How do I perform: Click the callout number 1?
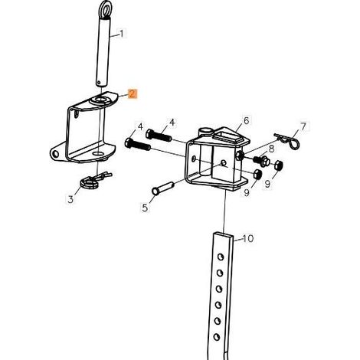pyautogui.click(x=122, y=34)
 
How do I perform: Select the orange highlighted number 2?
pyautogui.click(x=133, y=93)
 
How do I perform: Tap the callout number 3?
pyautogui.click(x=70, y=199)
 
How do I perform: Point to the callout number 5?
pyautogui.click(x=145, y=208)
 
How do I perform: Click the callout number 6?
pyautogui.click(x=246, y=120)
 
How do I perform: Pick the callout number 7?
pyautogui.click(x=303, y=126)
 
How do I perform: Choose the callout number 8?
pyautogui.click(x=271, y=149)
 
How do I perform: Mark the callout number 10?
pyautogui.click(x=247, y=238)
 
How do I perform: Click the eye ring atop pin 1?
pyautogui.click(x=105, y=10)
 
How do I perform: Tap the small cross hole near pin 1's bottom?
pyautogui.click(x=99, y=83)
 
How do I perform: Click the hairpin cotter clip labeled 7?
pyautogui.click(x=287, y=141)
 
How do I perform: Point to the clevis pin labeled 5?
pyautogui.click(x=162, y=188)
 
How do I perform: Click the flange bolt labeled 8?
pyautogui.click(x=262, y=161)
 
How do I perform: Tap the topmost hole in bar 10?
pyautogui.click(x=220, y=257)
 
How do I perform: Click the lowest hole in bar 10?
pyautogui.click(x=217, y=337)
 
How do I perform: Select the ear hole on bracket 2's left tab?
pyautogui.click(x=55, y=154)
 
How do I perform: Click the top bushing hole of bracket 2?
pyautogui.click(x=101, y=99)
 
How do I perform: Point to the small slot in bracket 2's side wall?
pyautogui.click(x=76, y=114)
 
